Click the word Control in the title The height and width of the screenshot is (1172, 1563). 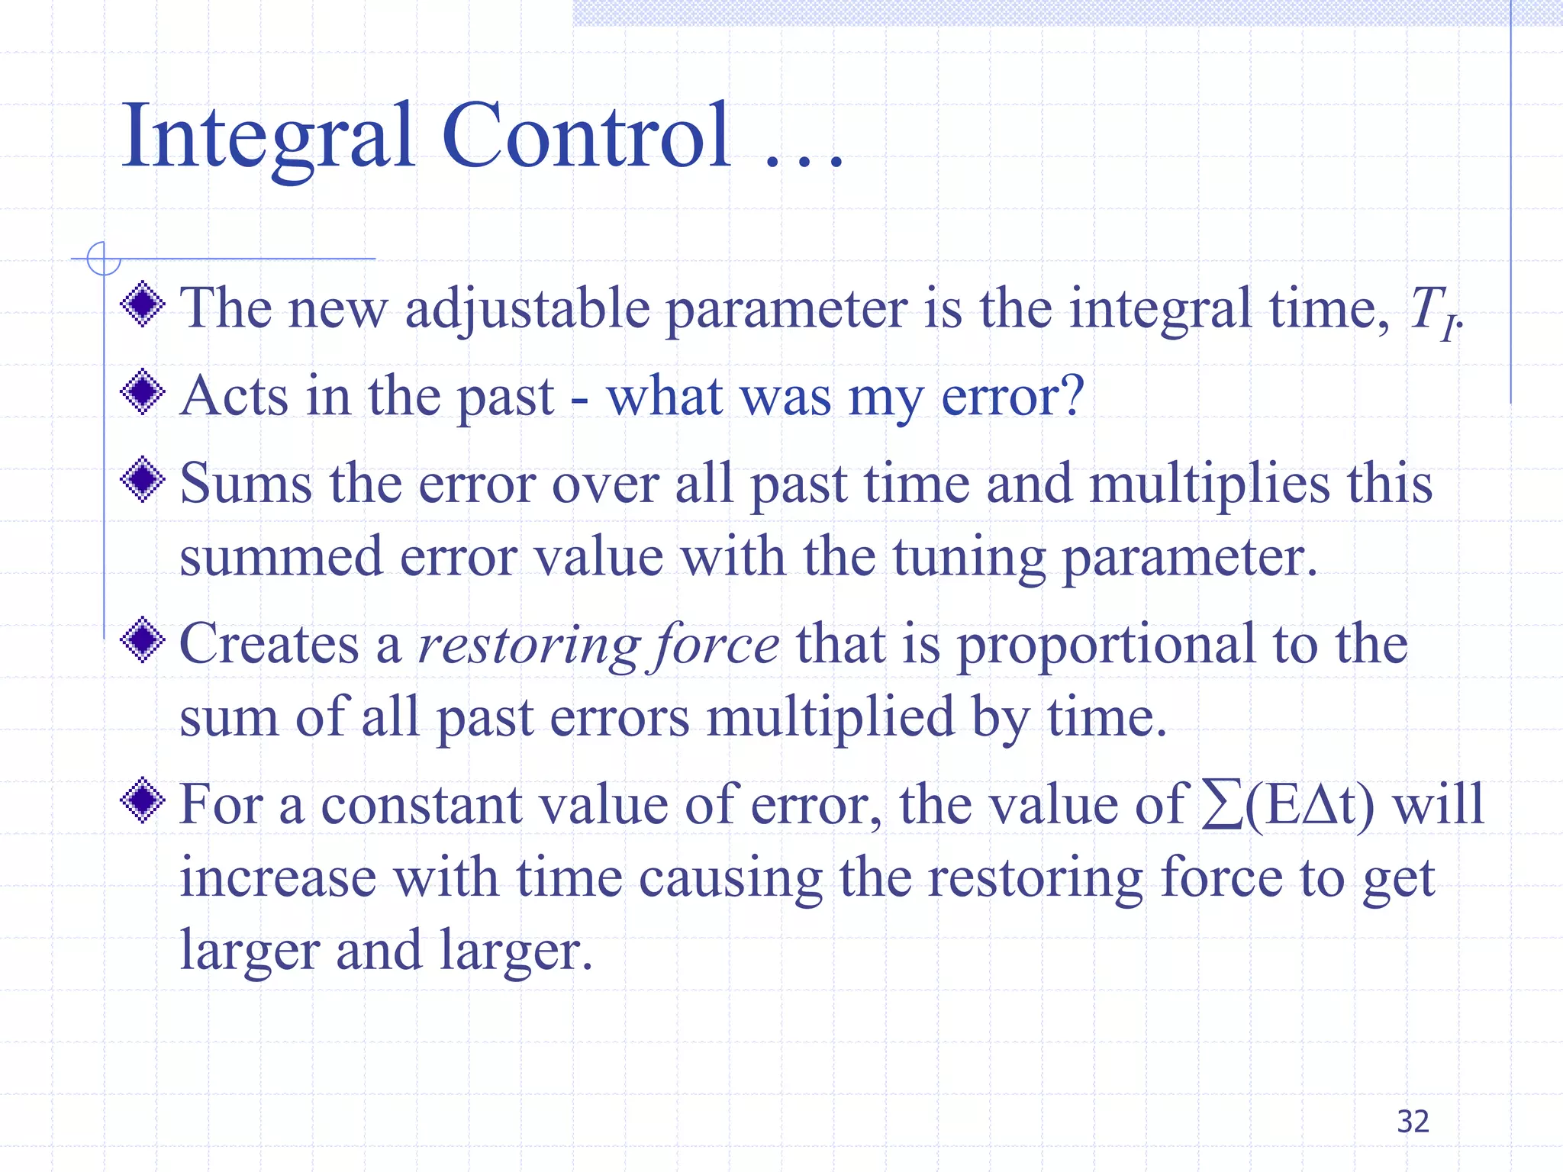click(586, 137)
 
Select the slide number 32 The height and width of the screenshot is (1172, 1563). click(1413, 1121)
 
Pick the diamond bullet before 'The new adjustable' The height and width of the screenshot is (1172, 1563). click(143, 304)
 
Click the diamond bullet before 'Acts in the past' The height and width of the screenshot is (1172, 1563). click(143, 392)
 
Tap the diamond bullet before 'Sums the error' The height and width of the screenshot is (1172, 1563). click(143, 480)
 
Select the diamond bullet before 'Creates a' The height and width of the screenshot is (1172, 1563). click(143, 640)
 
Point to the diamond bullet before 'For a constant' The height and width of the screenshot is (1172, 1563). click(143, 800)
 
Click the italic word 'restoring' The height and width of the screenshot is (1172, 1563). click(528, 646)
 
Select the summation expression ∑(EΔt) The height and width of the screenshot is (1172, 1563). click(1288, 806)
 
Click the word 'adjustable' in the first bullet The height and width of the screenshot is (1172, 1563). click(527, 310)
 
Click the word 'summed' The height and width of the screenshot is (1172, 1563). click(280, 558)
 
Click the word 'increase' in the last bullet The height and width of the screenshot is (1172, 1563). click(278, 878)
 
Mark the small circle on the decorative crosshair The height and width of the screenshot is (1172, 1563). click(104, 259)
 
